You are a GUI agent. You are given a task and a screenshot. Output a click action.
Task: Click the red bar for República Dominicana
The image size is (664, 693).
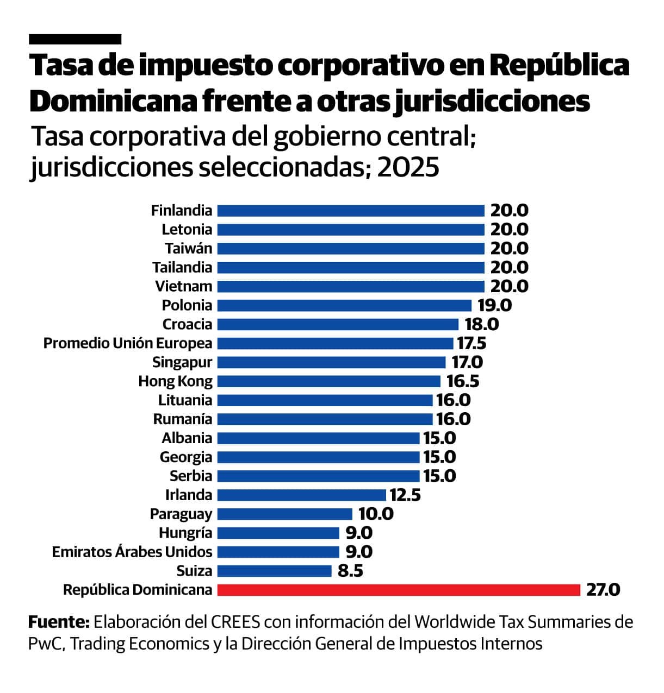(x=399, y=590)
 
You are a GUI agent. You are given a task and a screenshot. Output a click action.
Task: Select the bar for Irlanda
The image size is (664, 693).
(x=301, y=495)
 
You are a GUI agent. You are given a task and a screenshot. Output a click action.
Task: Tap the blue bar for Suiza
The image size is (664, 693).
(x=274, y=571)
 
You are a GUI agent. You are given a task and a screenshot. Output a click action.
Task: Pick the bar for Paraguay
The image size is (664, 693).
(x=284, y=514)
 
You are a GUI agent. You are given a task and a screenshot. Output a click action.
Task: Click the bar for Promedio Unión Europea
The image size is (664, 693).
(x=335, y=343)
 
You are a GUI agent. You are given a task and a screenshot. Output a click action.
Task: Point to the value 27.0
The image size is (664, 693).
(x=603, y=590)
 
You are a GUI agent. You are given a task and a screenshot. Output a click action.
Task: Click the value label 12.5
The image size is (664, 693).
(x=405, y=495)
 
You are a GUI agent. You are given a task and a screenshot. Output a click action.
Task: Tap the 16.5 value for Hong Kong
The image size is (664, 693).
(x=463, y=381)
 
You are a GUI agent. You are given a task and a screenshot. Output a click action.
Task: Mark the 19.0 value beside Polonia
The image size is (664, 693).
(x=494, y=305)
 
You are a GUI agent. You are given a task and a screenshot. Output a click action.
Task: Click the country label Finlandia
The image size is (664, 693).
(x=182, y=211)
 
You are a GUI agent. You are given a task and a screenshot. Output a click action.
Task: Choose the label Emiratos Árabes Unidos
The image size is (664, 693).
(x=132, y=552)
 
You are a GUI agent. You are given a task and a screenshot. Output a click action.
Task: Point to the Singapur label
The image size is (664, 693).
(x=182, y=362)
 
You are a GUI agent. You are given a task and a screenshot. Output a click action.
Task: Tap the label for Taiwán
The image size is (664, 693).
(x=188, y=248)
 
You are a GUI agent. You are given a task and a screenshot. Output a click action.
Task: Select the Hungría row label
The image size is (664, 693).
(x=185, y=533)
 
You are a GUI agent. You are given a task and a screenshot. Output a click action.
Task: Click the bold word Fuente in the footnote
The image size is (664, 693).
(x=58, y=621)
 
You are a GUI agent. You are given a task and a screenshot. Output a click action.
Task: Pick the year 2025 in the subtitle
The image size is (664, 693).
(x=408, y=168)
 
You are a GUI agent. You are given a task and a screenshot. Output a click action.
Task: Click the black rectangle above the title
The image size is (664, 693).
(x=75, y=39)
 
